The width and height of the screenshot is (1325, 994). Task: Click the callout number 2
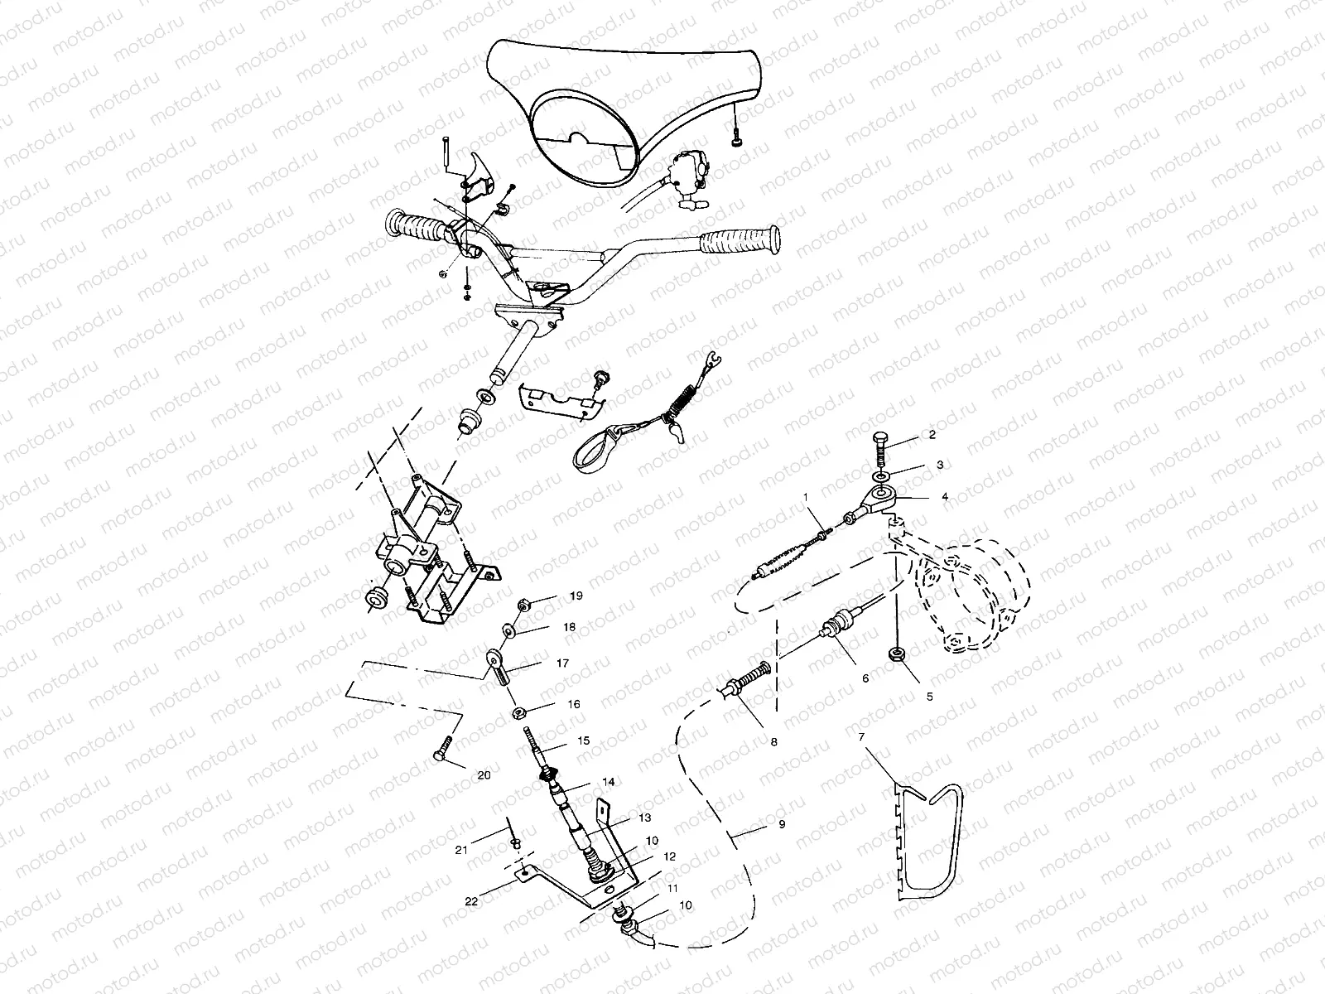932,435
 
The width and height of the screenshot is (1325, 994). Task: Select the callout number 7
861,737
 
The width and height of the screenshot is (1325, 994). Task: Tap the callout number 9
782,824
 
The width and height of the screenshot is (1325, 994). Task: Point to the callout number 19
576,596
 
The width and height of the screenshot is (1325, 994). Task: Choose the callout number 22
471,901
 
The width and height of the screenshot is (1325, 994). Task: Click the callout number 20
484,775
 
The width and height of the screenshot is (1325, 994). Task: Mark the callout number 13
644,818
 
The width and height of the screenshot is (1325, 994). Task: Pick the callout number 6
865,678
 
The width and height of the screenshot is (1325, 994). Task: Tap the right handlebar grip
740,239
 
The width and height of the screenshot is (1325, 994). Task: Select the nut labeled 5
896,654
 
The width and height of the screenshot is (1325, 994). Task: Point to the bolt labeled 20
442,748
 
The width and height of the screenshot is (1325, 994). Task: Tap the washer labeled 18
509,630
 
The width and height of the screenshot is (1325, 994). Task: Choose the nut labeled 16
518,714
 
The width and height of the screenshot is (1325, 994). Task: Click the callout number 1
805,497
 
